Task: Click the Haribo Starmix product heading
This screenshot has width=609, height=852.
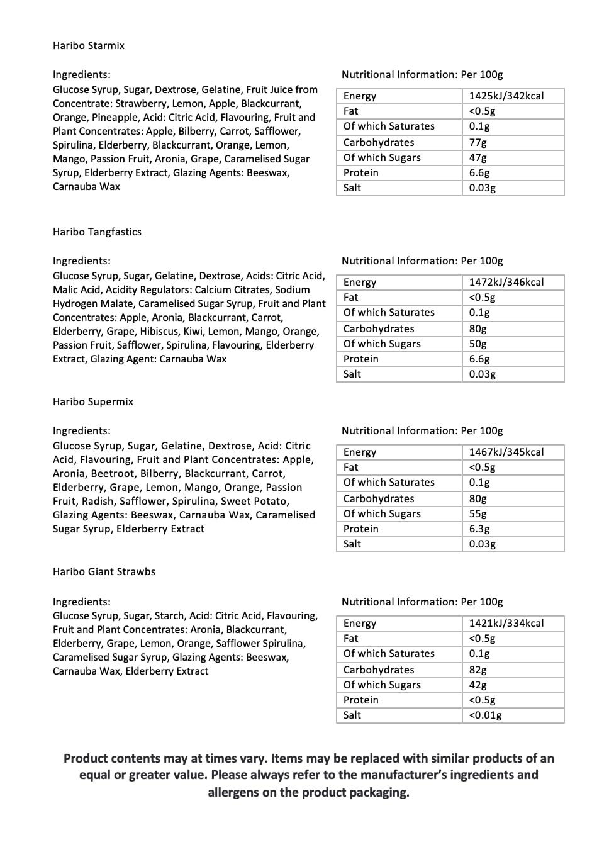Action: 89,46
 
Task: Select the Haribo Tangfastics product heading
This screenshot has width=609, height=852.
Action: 97,232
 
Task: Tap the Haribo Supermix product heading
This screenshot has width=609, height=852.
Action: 93,402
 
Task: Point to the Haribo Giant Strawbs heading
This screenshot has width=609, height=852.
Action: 104,572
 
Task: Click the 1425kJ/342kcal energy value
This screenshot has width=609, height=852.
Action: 506,96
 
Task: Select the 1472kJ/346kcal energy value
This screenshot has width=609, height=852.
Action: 506,283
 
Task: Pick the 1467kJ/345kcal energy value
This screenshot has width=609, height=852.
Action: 506,452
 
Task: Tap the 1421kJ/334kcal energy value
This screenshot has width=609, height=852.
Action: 506,624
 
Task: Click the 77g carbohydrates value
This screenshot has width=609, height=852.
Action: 478,143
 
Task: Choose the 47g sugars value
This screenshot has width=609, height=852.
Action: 478,158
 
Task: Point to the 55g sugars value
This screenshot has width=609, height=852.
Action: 478,514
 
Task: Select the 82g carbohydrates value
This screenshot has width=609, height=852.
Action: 478,670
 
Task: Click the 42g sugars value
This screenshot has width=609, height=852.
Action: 478,685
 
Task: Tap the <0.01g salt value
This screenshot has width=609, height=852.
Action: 485,715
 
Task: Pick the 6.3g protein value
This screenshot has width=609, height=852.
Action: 479,529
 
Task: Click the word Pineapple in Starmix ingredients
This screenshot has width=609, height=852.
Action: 103,118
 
